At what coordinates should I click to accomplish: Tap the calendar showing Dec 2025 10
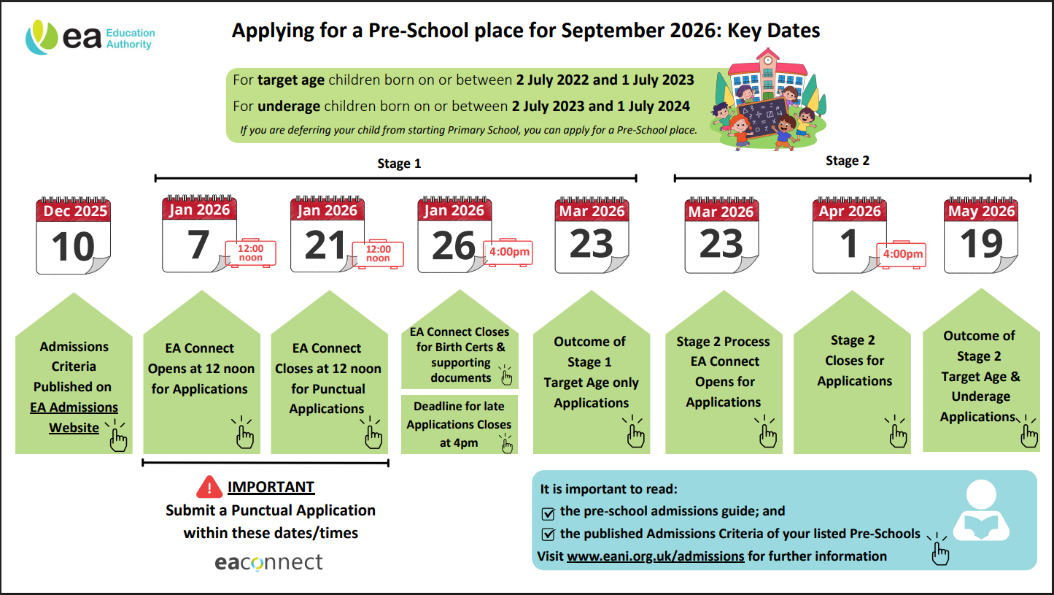[x=74, y=235]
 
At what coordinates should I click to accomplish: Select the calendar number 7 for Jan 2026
[x=198, y=244]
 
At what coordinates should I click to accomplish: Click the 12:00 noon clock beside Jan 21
[x=378, y=253]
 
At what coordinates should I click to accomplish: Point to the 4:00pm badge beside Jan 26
[x=508, y=253]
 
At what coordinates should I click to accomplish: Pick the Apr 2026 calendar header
[x=850, y=211]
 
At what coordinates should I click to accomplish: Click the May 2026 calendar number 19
[x=981, y=244]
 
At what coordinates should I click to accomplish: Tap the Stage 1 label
[x=399, y=164]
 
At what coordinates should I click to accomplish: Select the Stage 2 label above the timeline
[x=847, y=161]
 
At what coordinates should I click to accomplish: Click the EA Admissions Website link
[x=74, y=418]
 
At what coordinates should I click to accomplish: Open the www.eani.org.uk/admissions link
[x=655, y=556]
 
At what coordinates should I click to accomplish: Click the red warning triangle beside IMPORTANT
[x=209, y=487]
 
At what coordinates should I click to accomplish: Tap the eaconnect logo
[x=268, y=562]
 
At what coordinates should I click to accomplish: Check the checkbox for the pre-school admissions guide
[x=549, y=513]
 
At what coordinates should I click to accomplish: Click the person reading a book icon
[x=981, y=513]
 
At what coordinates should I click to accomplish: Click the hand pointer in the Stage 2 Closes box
[x=897, y=435]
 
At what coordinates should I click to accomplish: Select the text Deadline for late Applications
[x=459, y=415]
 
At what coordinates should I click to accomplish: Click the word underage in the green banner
[x=289, y=107]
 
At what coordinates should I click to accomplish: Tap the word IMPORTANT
[x=271, y=487]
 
